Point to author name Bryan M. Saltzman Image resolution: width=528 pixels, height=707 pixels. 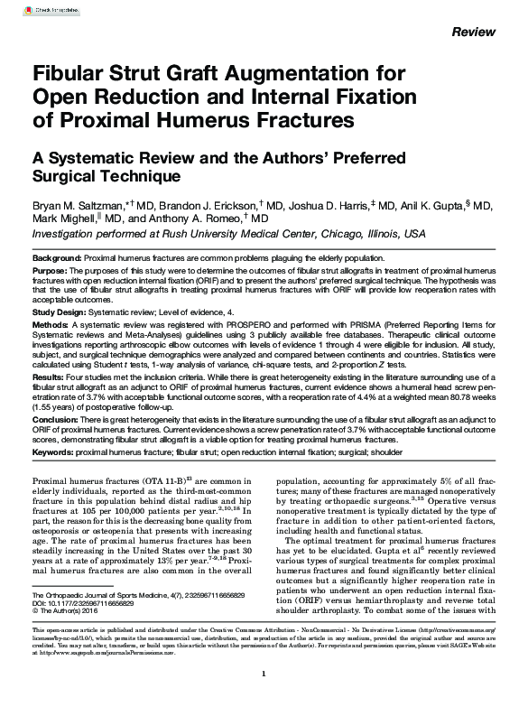(71, 206)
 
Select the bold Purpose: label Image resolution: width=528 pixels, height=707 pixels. (51, 270)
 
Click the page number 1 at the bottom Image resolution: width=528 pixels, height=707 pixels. (264, 674)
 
